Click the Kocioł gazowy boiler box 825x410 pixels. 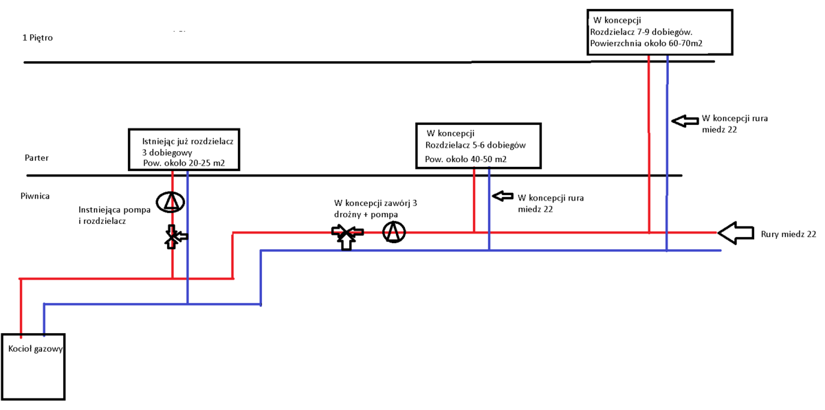(34, 367)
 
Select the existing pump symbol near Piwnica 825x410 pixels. (170, 202)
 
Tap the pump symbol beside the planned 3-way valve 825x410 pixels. (394, 232)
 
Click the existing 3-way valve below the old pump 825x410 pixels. (173, 238)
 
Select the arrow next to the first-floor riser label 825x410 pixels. (683, 121)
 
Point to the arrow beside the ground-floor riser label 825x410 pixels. (503, 196)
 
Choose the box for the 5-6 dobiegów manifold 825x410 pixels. (478, 146)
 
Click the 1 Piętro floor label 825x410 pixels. (37, 38)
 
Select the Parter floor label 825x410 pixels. (36, 158)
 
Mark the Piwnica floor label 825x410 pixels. (35, 196)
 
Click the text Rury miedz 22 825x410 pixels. (789, 234)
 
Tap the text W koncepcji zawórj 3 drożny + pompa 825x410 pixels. (375, 208)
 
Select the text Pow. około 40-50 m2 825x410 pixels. (465, 159)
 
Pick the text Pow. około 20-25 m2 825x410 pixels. (184, 163)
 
